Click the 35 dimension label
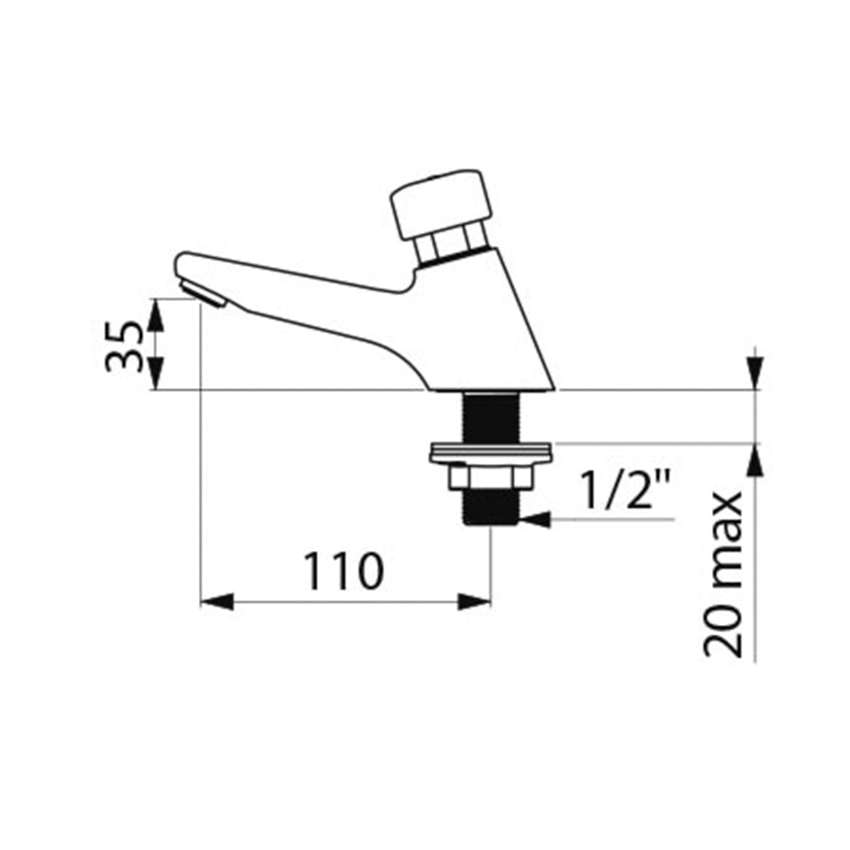[x=125, y=346]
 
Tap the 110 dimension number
[x=343, y=571]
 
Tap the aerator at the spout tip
[x=203, y=294]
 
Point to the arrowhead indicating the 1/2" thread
[x=535, y=520]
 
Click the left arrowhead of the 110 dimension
[x=217, y=602]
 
